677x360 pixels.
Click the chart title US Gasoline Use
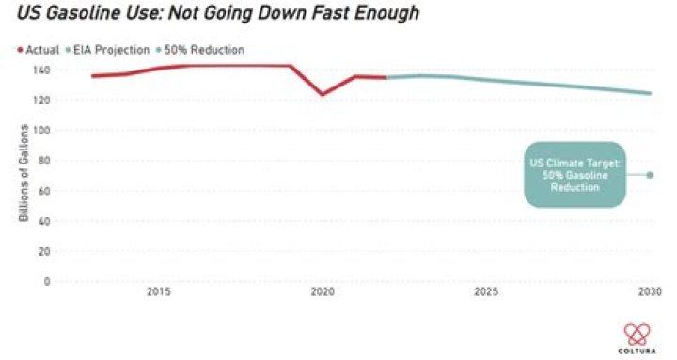click(218, 13)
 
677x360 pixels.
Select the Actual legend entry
click(38, 50)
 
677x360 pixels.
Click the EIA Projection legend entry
click(107, 50)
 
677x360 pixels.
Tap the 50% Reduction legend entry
click(200, 50)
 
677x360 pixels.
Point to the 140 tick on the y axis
click(41, 70)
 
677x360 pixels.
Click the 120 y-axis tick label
click(41, 101)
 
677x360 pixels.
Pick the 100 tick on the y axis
click(41, 131)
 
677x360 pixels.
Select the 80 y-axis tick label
click(44, 161)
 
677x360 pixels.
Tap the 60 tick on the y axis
click(44, 191)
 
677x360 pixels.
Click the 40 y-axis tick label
click(44, 221)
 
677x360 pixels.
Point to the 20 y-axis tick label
click(44, 251)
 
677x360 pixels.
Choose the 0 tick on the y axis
click(47, 281)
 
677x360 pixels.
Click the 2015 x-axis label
click(159, 291)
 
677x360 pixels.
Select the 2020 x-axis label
click(323, 291)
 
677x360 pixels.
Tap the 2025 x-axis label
click(486, 291)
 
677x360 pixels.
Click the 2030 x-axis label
click(650, 291)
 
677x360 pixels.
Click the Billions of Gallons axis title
click(24, 173)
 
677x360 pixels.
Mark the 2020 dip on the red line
click(323, 94)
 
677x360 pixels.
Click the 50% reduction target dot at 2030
click(650, 175)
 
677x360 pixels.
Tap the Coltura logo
click(637, 338)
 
